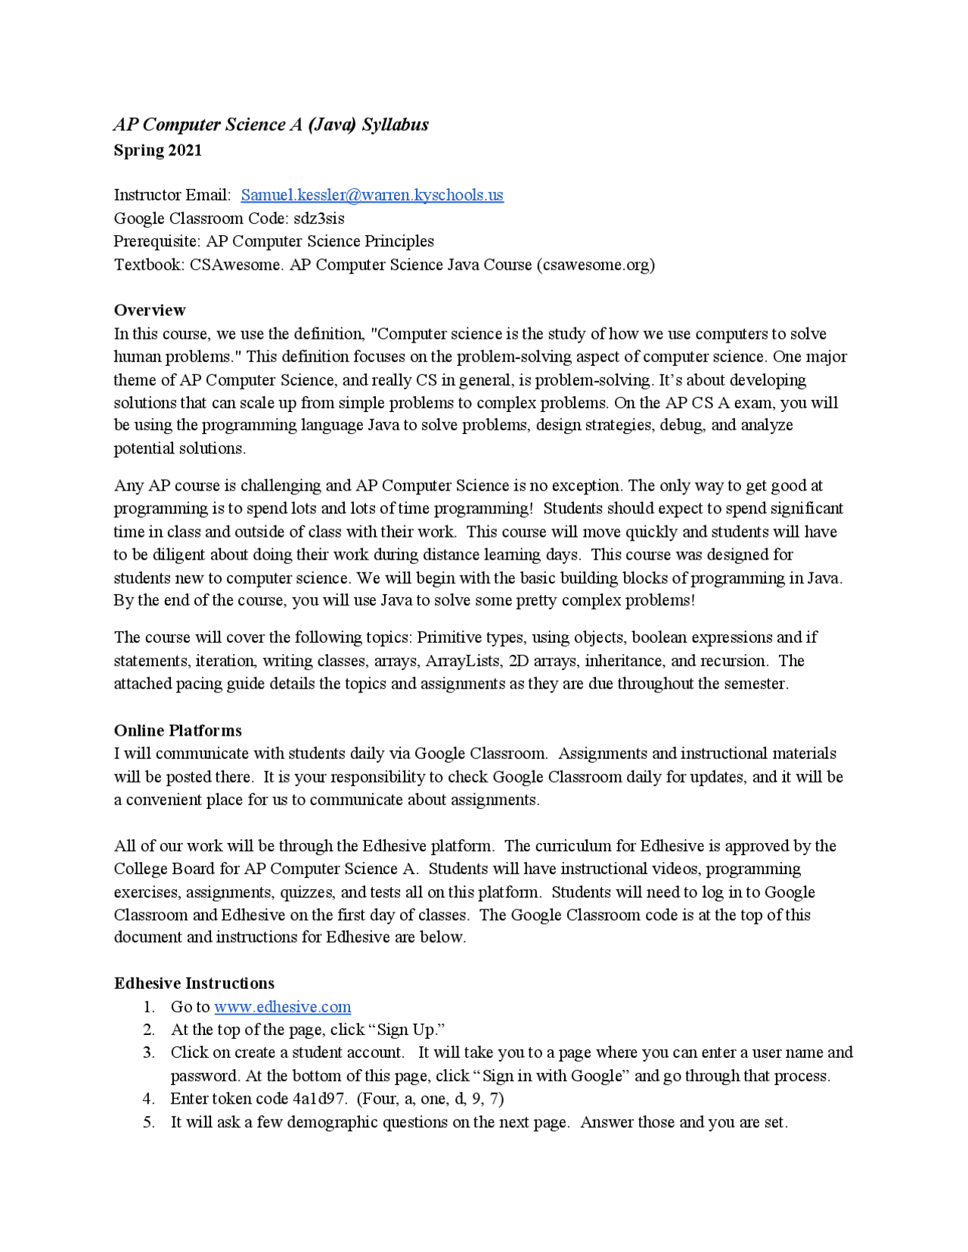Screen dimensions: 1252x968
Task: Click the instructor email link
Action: coord(371,195)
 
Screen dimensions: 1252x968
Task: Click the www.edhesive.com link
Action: coord(282,1006)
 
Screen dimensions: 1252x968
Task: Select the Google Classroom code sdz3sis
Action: coord(318,218)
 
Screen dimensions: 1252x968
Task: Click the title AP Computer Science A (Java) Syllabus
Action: coord(271,125)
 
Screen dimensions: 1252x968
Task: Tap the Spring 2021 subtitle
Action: coord(157,150)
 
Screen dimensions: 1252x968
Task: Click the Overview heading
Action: coord(149,310)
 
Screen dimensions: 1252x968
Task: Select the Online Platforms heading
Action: coord(178,730)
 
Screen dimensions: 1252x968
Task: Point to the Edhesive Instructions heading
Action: coord(194,983)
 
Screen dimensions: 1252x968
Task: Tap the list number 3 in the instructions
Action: coord(149,1052)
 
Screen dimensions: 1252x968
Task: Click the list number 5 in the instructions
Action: coord(149,1122)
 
